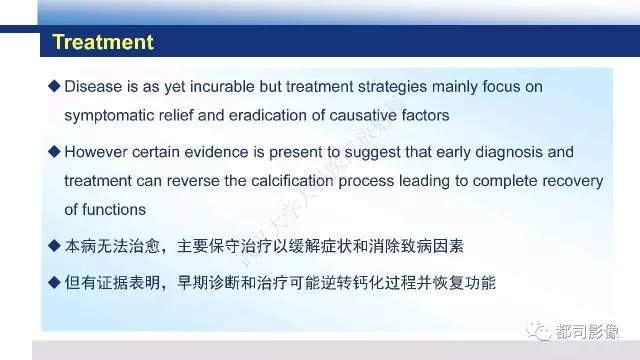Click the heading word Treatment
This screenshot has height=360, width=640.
coord(102,43)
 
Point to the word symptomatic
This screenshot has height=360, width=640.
coord(108,115)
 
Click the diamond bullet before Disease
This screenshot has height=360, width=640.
coord(54,87)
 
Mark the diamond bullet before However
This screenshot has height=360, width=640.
coord(54,153)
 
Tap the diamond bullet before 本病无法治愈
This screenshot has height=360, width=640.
coord(54,245)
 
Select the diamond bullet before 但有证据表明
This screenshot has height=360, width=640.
coord(54,283)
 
